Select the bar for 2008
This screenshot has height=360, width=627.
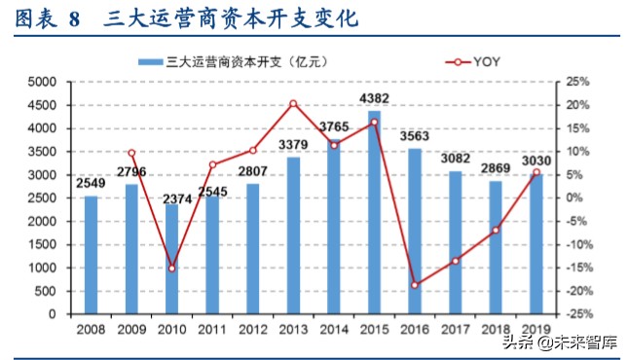91,255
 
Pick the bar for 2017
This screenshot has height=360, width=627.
456,242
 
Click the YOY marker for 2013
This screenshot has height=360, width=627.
294,103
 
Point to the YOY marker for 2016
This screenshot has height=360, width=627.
415,285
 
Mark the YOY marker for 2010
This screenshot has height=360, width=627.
172,268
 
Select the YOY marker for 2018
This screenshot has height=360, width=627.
496,231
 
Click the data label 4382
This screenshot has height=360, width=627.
375,98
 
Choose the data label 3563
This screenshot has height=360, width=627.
416,137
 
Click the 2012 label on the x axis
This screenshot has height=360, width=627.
253,329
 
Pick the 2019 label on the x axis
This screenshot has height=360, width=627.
536,329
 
